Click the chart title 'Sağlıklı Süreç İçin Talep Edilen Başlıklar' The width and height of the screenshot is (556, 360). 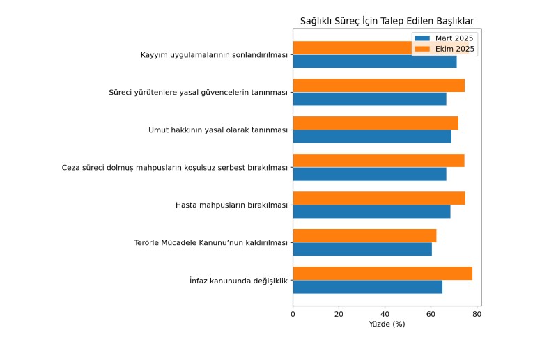[x=387, y=22]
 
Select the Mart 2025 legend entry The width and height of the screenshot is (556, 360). [x=454, y=38]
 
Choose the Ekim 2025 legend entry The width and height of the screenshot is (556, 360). [x=454, y=49]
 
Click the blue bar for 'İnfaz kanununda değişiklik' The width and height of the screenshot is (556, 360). [x=367, y=287]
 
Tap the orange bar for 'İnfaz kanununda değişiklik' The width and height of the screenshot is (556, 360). [x=383, y=274]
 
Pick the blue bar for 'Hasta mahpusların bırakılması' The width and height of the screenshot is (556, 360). [x=371, y=212]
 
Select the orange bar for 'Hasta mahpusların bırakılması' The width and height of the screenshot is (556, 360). [x=379, y=198]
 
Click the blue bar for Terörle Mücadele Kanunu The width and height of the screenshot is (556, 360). [x=362, y=249]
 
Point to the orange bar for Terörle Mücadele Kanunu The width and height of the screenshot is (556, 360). [x=364, y=236]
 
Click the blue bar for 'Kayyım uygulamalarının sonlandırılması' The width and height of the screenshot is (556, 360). [x=375, y=61]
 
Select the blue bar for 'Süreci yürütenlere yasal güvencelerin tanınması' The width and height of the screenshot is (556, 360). [x=369, y=99]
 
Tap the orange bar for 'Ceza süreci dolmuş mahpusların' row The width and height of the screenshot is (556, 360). [x=378, y=161]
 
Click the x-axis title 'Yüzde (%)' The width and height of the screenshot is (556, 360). [x=387, y=324]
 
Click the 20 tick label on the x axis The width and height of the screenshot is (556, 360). [x=339, y=314]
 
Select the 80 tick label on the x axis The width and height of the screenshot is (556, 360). [x=477, y=314]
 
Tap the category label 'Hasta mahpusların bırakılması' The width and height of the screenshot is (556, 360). [x=232, y=205]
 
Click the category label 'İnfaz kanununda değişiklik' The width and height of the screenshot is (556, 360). [x=238, y=281]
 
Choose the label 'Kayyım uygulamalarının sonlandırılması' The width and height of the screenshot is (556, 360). [x=214, y=55]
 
